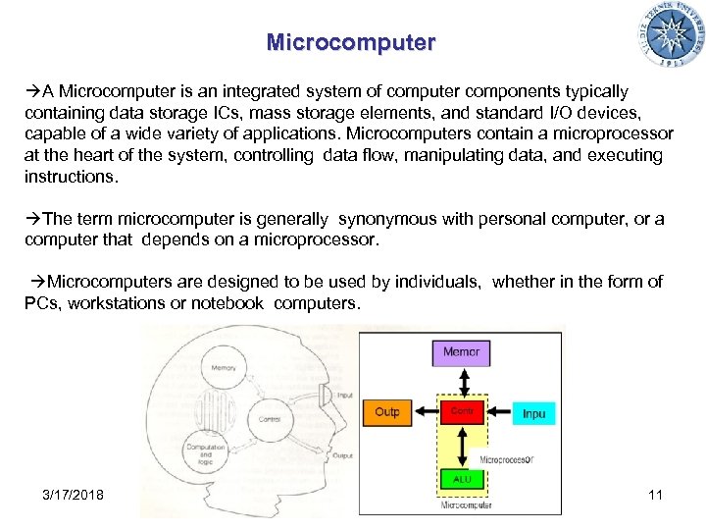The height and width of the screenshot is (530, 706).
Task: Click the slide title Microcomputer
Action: pos(350,43)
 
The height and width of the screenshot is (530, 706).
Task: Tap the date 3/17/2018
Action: pos(74,494)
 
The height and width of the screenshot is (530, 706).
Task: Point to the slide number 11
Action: pos(655,494)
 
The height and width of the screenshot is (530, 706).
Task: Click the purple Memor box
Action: pos(461,352)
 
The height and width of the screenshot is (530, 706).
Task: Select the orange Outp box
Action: pos(387,412)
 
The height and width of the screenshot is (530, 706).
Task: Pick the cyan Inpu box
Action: pos(533,413)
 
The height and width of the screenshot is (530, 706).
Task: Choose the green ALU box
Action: pos(461,479)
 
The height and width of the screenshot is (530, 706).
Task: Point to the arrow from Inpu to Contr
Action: pos(497,413)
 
